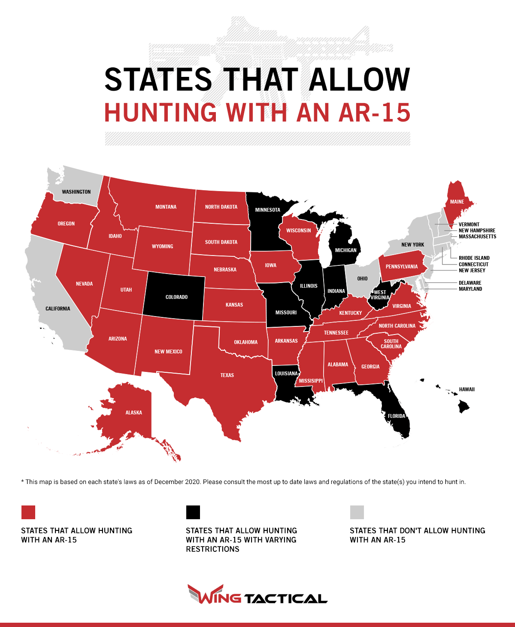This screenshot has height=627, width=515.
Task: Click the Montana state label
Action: (x=166, y=207)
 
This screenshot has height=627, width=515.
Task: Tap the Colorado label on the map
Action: (x=176, y=297)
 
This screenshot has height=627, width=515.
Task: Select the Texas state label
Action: (x=227, y=375)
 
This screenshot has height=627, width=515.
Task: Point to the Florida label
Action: (x=396, y=416)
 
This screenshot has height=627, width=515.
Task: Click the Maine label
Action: (x=457, y=202)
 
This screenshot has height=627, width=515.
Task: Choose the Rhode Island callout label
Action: (x=474, y=258)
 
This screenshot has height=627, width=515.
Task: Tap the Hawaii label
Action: (x=467, y=390)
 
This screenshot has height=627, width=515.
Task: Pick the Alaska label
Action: (x=133, y=413)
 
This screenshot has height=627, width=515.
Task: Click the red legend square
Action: (x=28, y=512)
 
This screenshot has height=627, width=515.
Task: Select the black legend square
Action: (x=193, y=512)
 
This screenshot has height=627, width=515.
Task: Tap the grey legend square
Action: (x=357, y=512)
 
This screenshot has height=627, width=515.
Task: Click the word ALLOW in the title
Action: (x=359, y=80)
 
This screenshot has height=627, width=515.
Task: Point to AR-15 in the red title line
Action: (x=374, y=113)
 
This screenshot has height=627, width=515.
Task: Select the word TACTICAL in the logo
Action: (x=286, y=599)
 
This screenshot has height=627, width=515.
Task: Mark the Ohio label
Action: (x=362, y=279)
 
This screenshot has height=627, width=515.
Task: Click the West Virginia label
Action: (x=380, y=295)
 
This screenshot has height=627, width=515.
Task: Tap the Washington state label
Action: (x=76, y=192)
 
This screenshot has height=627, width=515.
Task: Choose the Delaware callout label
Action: (x=470, y=283)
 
